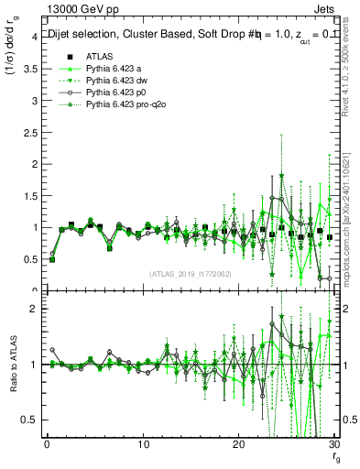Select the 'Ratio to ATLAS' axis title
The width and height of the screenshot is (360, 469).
click(13, 365)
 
